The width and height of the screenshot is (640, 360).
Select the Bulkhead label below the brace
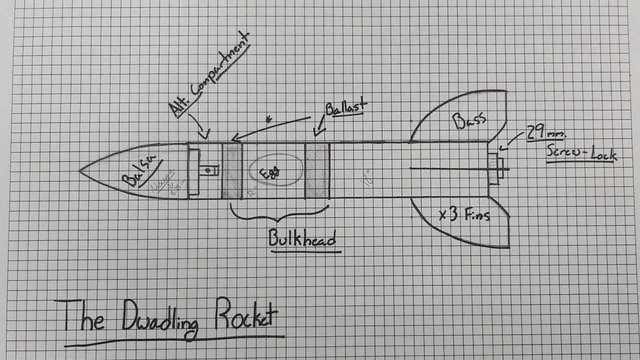[302, 238]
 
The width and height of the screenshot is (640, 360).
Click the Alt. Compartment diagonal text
[210, 75]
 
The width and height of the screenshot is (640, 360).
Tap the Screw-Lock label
[581, 153]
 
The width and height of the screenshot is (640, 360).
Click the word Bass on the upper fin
[469, 120]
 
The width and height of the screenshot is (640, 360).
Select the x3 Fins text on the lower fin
[463, 215]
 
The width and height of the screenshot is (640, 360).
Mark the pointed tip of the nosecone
[80, 171]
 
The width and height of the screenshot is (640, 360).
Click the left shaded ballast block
[232, 170]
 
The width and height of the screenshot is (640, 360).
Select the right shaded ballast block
[317, 170]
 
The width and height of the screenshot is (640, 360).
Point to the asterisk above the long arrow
[270, 120]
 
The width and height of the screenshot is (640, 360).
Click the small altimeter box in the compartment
[208, 171]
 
